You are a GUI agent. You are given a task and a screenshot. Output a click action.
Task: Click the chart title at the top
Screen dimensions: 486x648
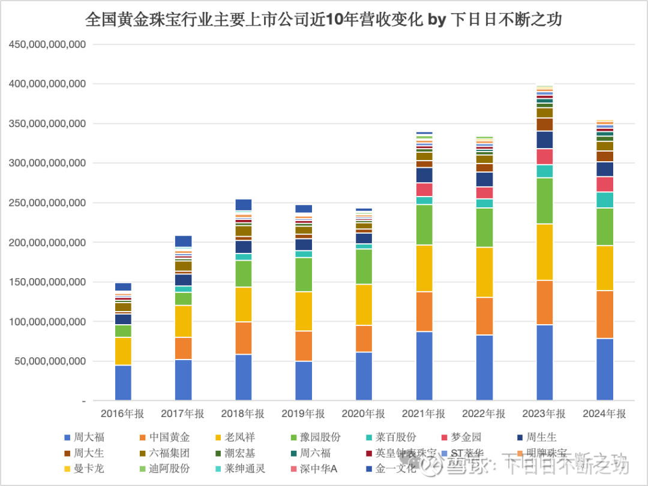point(324,19)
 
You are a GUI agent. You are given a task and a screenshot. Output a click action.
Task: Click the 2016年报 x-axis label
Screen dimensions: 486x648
point(122,413)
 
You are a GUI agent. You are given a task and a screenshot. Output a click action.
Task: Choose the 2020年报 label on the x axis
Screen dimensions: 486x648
point(364,413)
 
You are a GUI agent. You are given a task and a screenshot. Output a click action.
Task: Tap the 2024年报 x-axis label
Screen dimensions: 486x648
point(604,413)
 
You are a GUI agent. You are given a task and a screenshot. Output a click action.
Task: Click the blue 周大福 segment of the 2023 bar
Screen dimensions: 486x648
point(544,363)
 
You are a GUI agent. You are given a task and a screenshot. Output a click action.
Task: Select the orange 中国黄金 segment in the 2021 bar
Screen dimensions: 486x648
point(424,312)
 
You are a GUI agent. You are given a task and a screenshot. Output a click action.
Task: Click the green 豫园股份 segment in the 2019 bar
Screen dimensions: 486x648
point(303,274)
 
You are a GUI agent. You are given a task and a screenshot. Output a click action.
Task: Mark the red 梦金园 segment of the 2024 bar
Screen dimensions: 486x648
point(604,184)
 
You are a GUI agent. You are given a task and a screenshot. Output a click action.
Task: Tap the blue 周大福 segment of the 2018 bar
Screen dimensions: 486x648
point(243,378)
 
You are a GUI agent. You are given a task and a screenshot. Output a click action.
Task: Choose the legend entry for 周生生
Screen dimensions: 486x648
point(538,437)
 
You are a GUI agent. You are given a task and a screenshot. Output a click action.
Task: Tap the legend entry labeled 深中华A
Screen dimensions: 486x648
point(316,469)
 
